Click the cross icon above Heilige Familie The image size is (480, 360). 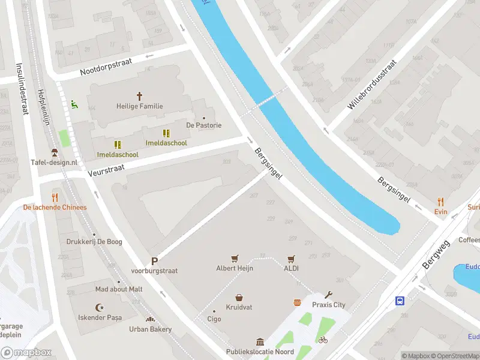[x=140, y=95]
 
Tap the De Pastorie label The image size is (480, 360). [x=204, y=125]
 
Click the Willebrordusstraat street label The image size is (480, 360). [x=372, y=85]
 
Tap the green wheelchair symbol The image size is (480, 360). [x=74, y=104]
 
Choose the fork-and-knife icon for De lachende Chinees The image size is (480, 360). [x=55, y=197]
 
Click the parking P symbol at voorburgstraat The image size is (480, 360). [x=154, y=261]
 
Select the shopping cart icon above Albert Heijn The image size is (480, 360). [x=235, y=259]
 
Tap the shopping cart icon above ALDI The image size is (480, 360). [x=291, y=259]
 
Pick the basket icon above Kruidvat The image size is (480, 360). [x=239, y=297]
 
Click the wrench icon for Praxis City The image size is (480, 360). [x=328, y=295]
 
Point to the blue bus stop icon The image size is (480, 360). [x=400, y=301]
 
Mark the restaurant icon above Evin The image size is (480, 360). [x=441, y=202]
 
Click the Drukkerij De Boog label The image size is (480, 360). [x=94, y=242]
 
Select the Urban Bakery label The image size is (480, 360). [x=150, y=329]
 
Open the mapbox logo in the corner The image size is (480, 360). [x=25, y=353]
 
